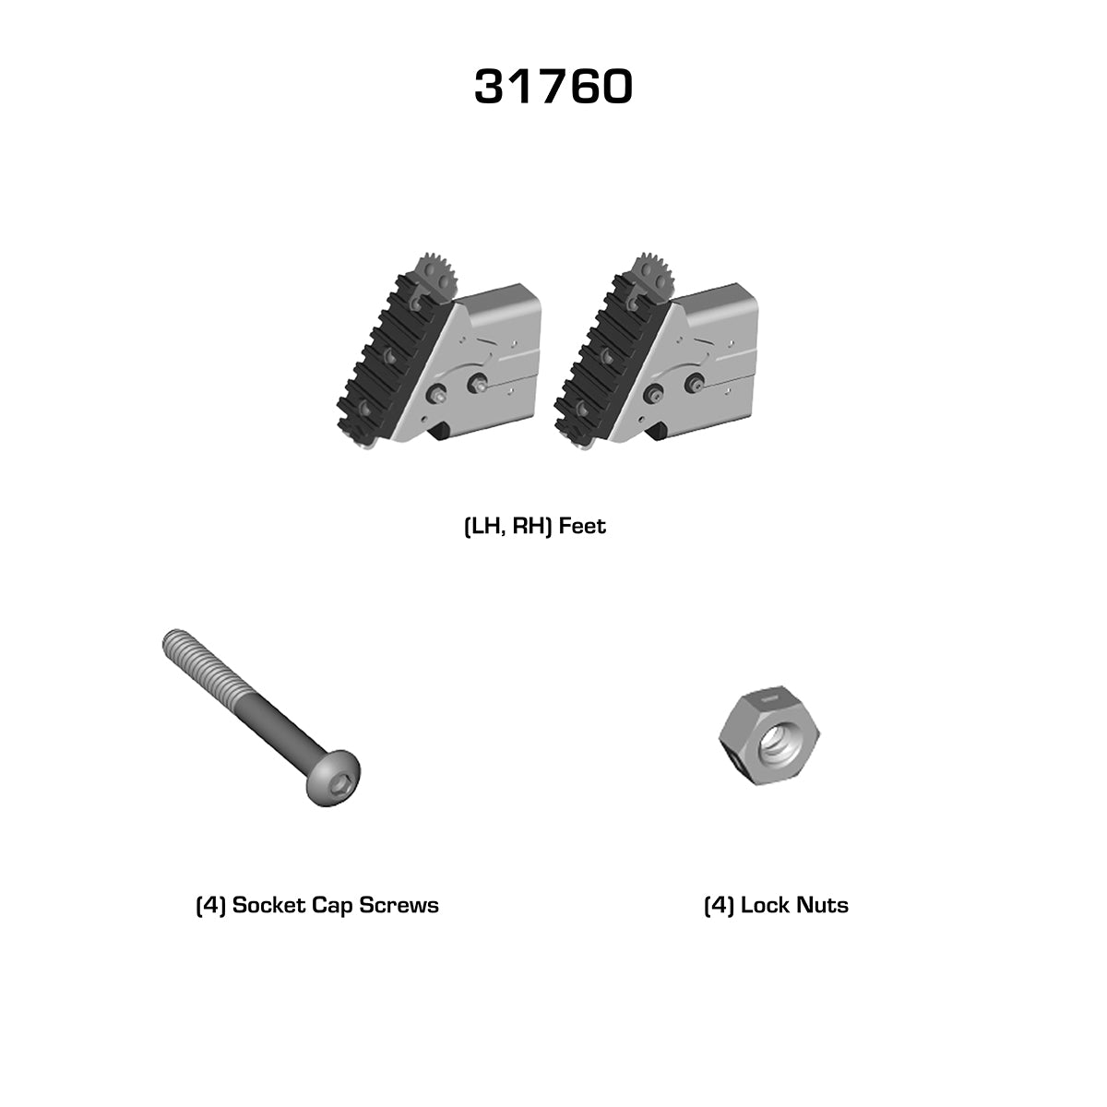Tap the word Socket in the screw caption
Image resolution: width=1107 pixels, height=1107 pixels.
(x=268, y=905)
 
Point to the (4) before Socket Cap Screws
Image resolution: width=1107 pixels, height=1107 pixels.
(x=211, y=905)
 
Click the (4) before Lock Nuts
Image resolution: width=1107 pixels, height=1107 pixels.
(x=719, y=905)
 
